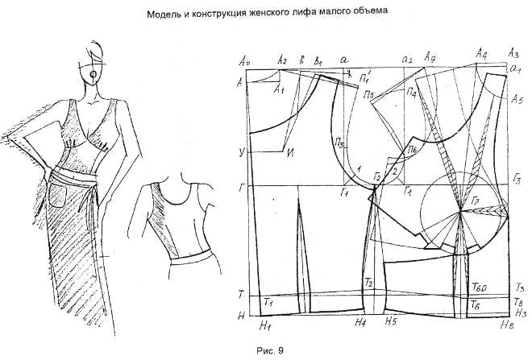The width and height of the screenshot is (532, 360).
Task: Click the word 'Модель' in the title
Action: pyautogui.click(x=167, y=13)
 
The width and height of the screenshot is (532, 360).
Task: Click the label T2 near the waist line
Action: pyautogui.click(x=368, y=283)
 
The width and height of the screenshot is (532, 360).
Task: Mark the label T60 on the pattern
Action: pyautogui.click(x=479, y=288)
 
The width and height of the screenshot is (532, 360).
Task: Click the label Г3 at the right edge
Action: pyautogui.click(x=520, y=176)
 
